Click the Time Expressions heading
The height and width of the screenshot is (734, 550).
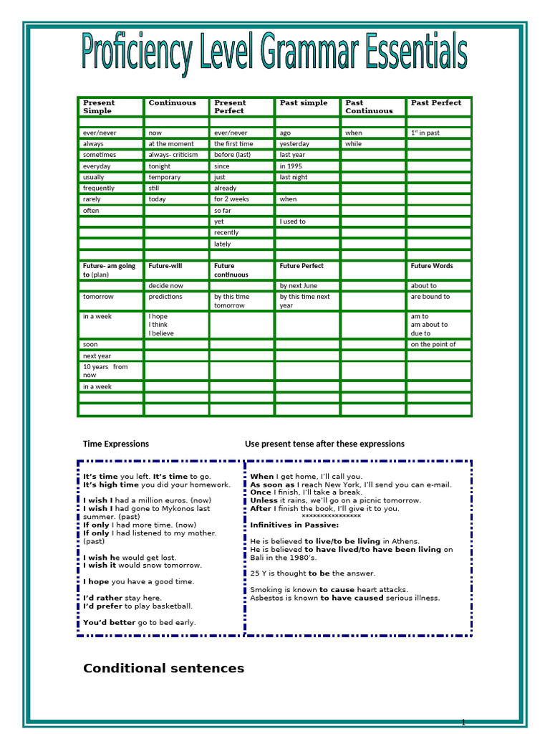[x=116, y=444]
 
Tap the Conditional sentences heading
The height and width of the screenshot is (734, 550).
[x=163, y=669]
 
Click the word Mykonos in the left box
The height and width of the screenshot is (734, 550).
[x=179, y=509]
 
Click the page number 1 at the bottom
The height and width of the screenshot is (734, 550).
[x=463, y=722]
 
